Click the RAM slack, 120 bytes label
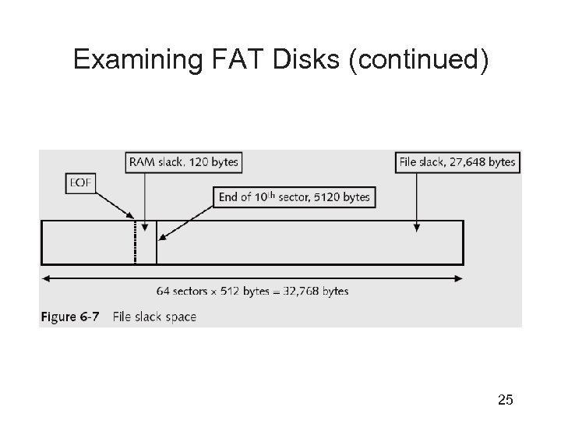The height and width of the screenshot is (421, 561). [183, 162]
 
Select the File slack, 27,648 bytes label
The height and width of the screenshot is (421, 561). [457, 162]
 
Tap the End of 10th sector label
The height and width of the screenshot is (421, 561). [295, 196]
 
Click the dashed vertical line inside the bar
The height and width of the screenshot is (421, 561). [136, 242]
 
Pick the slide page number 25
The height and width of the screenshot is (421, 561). [505, 401]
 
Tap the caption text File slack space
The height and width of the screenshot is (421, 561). [154, 317]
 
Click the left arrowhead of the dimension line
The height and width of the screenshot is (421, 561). [45, 278]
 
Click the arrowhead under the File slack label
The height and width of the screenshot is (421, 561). [417, 228]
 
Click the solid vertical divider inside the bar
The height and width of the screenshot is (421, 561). [157, 242]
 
